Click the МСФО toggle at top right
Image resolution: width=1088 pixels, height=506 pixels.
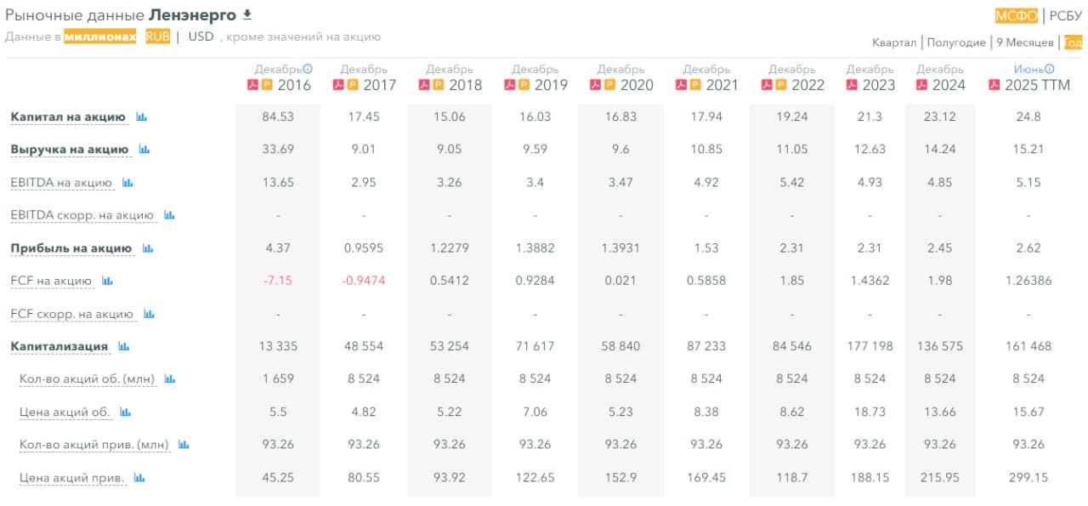point(1016,15)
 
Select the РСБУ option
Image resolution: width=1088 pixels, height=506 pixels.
point(1066,15)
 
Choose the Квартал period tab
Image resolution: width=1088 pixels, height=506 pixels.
point(894,43)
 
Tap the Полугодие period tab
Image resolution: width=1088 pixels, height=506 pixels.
point(956,43)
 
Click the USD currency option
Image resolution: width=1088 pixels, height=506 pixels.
point(201,37)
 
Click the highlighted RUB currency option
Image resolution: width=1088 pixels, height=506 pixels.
point(157,37)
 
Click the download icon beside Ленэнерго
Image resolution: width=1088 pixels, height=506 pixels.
point(247,14)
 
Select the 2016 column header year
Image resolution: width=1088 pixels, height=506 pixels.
point(293,85)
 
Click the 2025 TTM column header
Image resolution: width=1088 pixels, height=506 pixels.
point(1037,85)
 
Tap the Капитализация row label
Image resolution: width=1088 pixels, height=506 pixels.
point(59,346)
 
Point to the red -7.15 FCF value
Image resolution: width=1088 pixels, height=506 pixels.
point(278,281)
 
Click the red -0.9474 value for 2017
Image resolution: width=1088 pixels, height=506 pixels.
point(363,281)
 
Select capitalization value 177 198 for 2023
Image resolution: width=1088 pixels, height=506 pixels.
point(870,346)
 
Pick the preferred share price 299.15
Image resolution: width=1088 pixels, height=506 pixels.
point(1028,478)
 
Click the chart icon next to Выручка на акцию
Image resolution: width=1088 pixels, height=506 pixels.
point(144,150)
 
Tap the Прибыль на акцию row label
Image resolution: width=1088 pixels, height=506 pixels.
point(71,248)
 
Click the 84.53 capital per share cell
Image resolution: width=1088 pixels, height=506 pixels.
point(278,117)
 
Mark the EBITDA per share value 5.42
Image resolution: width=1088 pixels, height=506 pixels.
point(791,182)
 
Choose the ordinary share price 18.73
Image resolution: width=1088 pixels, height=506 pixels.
point(870,412)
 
